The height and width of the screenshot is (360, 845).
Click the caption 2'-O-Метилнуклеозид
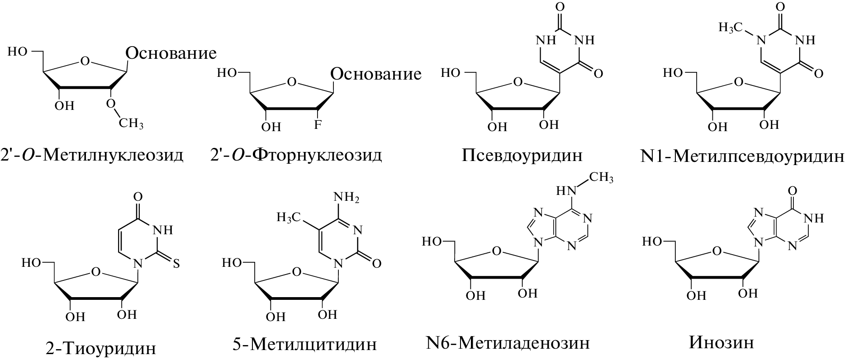coord(92,155)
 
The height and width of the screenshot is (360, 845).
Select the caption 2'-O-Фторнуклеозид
coord(296,155)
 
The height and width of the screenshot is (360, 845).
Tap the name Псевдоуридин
coord(522,155)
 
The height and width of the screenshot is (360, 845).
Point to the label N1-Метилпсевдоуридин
coord(742,156)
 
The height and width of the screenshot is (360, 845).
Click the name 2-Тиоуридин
coord(101,349)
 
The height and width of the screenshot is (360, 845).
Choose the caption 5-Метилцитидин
coord(304,344)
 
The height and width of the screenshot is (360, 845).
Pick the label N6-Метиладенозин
coord(508,343)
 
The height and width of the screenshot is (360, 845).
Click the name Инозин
coord(722,342)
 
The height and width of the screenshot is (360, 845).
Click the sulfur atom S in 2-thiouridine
coord(176,264)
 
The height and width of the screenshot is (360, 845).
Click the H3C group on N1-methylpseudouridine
coord(731,28)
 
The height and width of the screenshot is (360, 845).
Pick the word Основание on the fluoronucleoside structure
coord(376,74)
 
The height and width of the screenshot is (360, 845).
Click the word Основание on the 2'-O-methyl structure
coord(171,53)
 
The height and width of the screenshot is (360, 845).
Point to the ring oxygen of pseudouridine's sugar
coord(518,83)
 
